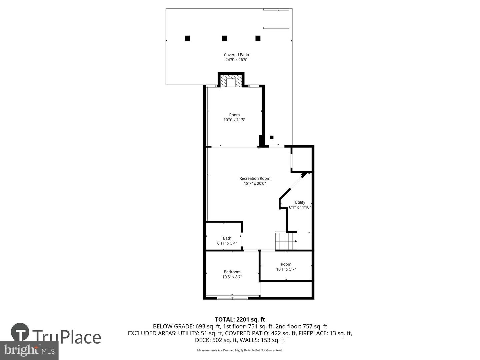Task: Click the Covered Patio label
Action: (x=236, y=55)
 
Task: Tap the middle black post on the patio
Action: (x=224, y=38)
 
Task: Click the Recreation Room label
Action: (x=255, y=178)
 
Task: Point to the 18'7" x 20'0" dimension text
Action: (x=255, y=183)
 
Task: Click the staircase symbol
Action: (x=286, y=241)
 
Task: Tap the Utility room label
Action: (x=300, y=202)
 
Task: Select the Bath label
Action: (x=227, y=238)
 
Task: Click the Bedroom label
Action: (x=232, y=272)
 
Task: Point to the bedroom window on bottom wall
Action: (x=232, y=297)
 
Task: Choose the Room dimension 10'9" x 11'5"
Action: (x=234, y=120)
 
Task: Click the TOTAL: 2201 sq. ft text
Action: (x=240, y=320)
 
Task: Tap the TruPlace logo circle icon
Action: (x=20, y=332)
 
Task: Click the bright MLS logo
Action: (x=29, y=350)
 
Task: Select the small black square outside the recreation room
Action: (x=272, y=137)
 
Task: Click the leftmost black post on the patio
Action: (x=187, y=38)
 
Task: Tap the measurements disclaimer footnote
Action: (x=240, y=350)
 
